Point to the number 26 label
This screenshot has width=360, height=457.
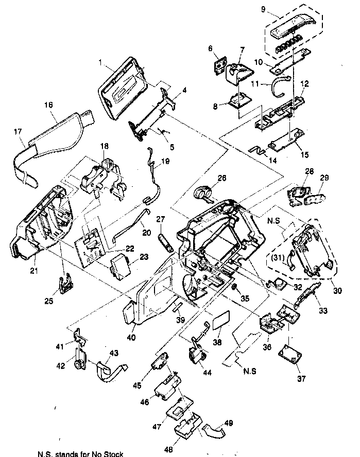[222, 179]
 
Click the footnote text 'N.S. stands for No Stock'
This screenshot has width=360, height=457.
[80, 453]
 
